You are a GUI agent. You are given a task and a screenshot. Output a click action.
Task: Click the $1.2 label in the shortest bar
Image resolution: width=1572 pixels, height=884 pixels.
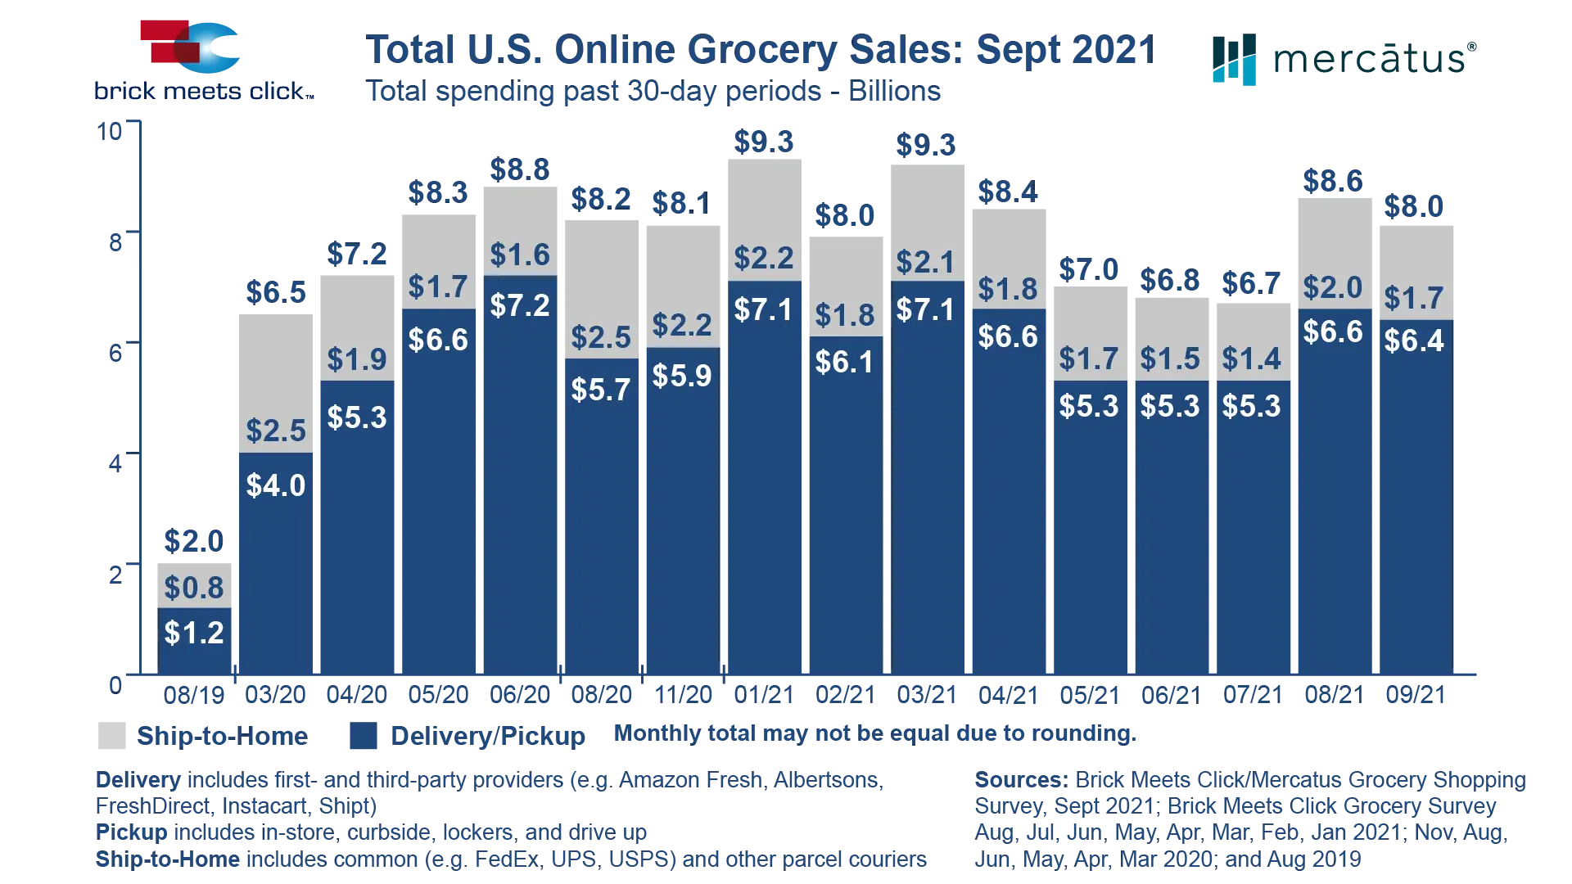[x=194, y=633]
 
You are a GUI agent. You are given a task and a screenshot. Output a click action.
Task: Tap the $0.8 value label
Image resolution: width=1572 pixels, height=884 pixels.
[x=194, y=588]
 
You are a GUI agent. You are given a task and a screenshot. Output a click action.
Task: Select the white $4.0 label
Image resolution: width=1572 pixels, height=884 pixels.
[x=276, y=486]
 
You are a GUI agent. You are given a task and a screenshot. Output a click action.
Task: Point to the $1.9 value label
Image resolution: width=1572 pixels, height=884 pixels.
[x=357, y=359]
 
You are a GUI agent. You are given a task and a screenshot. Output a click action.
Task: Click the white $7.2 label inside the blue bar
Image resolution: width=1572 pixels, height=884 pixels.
[x=520, y=305]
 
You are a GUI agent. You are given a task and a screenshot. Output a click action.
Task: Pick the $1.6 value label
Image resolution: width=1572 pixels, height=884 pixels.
[x=520, y=255]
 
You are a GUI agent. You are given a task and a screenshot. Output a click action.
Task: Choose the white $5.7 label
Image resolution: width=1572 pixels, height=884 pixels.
[x=601, y=390]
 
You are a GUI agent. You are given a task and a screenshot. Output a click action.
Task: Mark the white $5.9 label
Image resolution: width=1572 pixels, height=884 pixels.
[x=682, y=376]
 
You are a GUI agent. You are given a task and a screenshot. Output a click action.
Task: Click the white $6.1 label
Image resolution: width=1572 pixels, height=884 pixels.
[x=845, y=362]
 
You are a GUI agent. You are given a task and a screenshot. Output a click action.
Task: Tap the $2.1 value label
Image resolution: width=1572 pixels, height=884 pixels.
[x=925, y=263]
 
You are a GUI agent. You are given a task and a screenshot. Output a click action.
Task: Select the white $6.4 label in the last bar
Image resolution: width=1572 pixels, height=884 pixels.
[x=1414, y=341]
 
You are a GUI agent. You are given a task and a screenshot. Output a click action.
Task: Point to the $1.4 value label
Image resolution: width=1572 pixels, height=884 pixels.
[x=1251, y=359]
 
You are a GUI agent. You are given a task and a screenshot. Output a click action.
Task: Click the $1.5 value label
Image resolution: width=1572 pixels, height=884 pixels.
[x=1170, y=359]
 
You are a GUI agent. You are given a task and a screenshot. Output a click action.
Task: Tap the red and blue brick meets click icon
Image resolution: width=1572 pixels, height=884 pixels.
[x=189, y=48]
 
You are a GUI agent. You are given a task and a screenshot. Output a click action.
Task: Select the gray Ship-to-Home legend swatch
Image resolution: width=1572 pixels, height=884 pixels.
[x=114, y=736]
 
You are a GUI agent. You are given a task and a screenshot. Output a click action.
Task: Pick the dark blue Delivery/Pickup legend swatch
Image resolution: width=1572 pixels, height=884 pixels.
[x=363, y=736]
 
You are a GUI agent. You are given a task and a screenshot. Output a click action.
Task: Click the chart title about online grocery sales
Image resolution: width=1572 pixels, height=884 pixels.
[x=760, y=51]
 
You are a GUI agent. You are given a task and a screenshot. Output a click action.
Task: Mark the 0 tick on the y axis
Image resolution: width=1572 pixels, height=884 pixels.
[x=115, y=684]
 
